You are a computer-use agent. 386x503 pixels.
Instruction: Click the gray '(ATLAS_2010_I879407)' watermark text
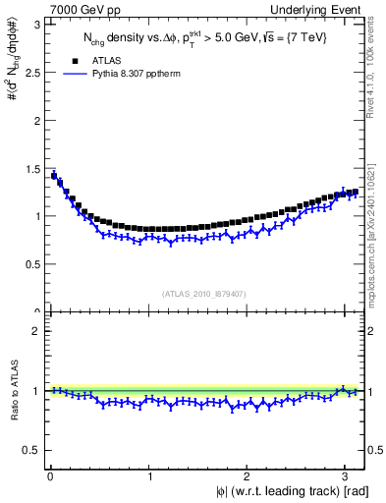pos(204,294)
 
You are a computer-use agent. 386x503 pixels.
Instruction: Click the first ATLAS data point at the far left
pos(53,176)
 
